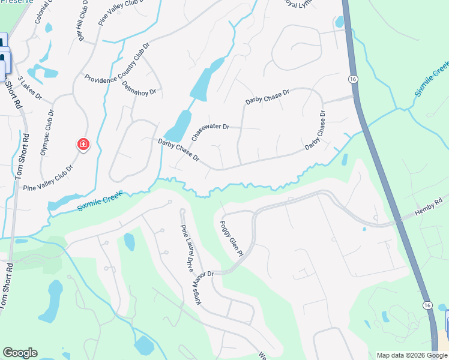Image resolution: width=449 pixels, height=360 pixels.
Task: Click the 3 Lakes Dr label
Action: (x=29, y=88)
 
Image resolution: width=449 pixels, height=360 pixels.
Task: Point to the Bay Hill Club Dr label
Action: (x=81, y=21)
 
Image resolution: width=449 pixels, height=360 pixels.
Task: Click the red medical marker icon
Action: (x=83, y=145)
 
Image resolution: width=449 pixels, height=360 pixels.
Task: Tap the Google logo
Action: (x=20, y=353)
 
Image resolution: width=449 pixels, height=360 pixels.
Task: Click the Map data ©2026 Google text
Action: (x=411, y=355)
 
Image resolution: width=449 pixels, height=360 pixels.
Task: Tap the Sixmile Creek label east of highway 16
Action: (x=432, y=79)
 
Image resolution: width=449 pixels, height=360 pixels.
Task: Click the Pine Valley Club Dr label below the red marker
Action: (x=47, y=178)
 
